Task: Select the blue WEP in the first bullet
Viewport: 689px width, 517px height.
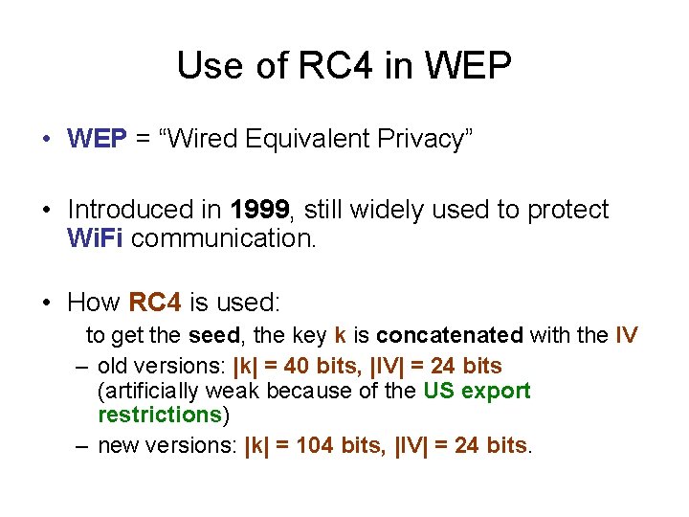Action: [x=97, y=139]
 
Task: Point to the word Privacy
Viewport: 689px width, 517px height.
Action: [x=416, y=139]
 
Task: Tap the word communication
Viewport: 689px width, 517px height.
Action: [x=223, y=238]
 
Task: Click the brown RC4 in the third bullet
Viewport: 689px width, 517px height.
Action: [x=154, y=303]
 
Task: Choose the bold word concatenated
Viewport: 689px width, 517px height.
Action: [x=450, y=336]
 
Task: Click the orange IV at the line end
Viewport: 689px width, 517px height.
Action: [x=627, y=336]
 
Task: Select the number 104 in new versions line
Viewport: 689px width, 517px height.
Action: [x=316, y=444]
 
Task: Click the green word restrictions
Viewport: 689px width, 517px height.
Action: [x=160, y=415]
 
